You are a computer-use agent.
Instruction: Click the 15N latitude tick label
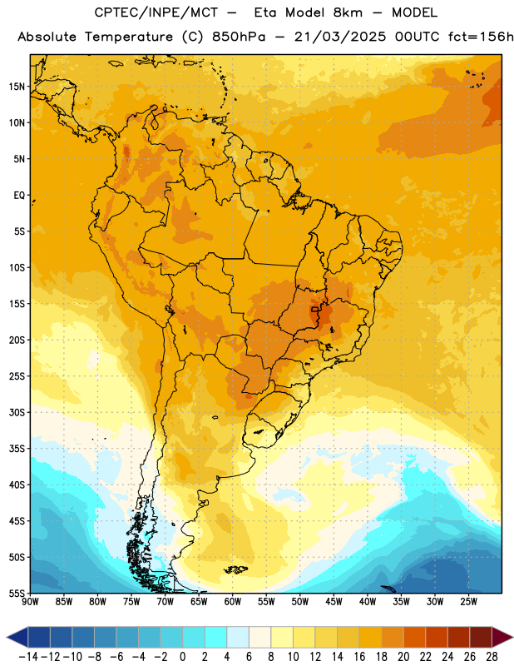17,87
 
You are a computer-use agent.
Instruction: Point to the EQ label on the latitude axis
19,196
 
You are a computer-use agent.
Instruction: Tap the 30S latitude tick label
17,412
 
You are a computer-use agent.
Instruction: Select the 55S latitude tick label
17,593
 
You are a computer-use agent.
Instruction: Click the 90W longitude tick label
30,601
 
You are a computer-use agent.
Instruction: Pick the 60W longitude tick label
233,601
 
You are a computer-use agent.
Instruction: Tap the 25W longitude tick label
468,601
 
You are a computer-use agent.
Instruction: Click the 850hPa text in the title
239,37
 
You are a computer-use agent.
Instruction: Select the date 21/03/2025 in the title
340,37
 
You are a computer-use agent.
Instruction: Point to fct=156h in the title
481,37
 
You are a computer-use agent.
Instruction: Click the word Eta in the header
265,12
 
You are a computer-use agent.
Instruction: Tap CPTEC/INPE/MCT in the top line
156,12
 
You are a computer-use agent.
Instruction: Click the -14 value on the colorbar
28,657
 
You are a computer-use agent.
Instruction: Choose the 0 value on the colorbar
183,657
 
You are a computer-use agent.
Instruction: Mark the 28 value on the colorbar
492,657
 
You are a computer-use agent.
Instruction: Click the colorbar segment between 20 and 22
415,637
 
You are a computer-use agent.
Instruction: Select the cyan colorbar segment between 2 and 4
216,637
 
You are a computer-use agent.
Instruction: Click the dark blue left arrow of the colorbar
17,637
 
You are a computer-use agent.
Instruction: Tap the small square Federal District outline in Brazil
315,309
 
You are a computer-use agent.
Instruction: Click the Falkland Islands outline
235,569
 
